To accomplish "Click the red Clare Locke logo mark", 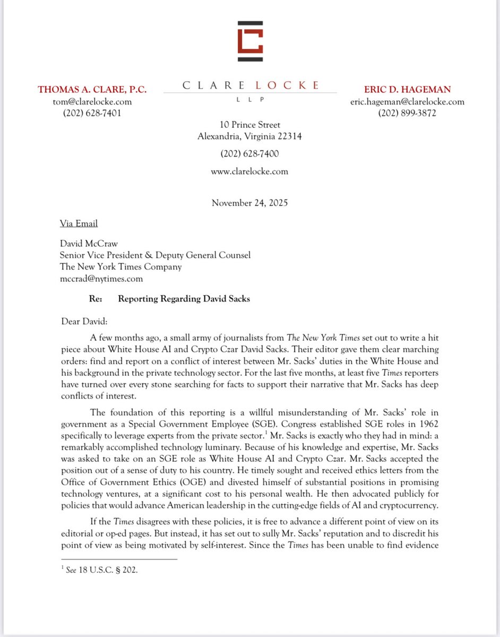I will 250,41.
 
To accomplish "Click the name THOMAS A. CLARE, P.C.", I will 92,89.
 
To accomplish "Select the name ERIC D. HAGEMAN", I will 408,89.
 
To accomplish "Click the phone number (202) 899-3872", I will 408,113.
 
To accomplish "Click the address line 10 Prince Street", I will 249,125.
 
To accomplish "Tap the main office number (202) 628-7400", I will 249,154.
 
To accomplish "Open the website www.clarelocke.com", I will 249,171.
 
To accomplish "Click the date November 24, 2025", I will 249,203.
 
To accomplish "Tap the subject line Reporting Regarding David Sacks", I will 184,299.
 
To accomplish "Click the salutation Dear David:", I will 85,320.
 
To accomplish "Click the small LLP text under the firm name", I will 250,99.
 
